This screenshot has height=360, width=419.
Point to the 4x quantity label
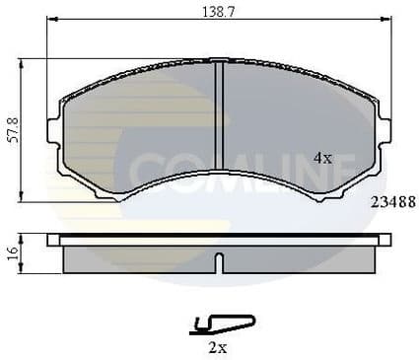(321, 158)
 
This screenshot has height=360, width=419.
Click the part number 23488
(391, 202)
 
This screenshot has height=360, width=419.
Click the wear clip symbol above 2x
(221, 322)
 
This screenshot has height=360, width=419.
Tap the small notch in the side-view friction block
(219, 264)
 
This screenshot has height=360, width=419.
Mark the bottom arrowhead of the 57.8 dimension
(24, 199)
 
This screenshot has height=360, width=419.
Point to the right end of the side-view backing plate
(385, 240)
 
